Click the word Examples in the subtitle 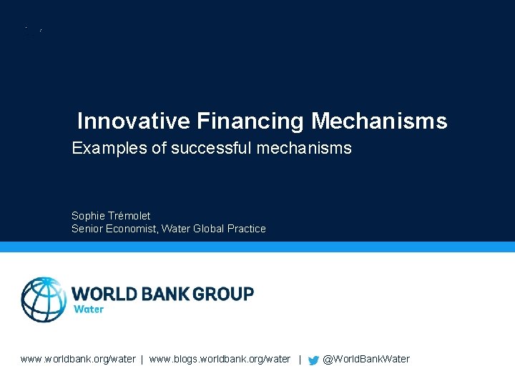point(104,149)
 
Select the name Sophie point(89,215)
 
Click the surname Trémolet point(130,215)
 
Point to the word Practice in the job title point(247,229)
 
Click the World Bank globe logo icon point(44,300)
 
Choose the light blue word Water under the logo point(89,310)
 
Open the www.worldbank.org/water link point(78,359)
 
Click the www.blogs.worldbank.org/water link point(220,359)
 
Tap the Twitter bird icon point(313,360)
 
